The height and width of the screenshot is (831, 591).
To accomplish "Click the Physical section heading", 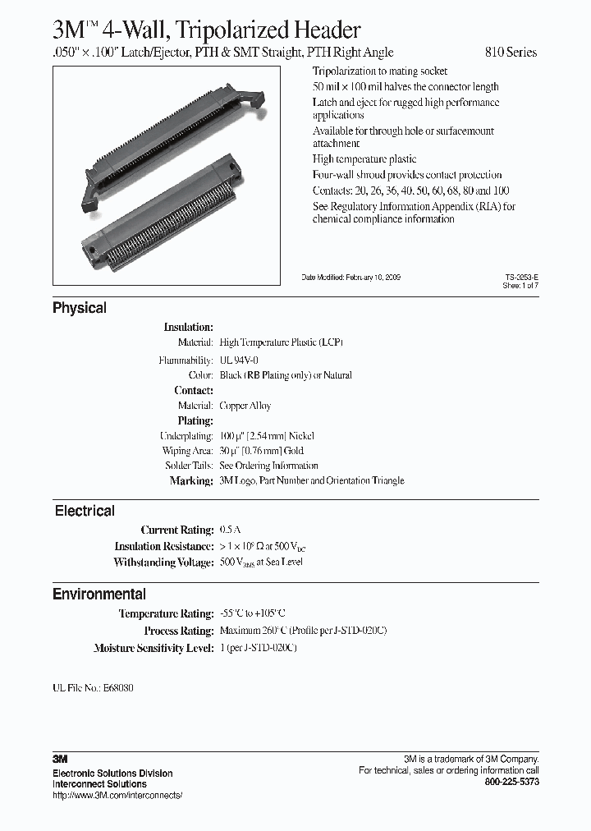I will coord(80,309).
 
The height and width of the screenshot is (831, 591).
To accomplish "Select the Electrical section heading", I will coord(85,511).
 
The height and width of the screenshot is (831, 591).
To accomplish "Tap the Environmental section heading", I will coord(99,595).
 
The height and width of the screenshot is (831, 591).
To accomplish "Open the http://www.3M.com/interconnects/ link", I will coord(117,796).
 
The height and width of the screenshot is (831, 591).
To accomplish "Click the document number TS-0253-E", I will coord(522,278).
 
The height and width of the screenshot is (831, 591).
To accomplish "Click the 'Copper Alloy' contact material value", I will coord(245,406).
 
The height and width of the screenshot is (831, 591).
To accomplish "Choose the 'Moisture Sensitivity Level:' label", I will coord(153,649).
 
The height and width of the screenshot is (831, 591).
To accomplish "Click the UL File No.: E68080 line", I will coord(93,687).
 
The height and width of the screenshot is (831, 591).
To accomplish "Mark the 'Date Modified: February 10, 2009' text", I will coord(351,278).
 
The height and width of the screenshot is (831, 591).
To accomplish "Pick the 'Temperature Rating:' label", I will coord(166,614).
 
